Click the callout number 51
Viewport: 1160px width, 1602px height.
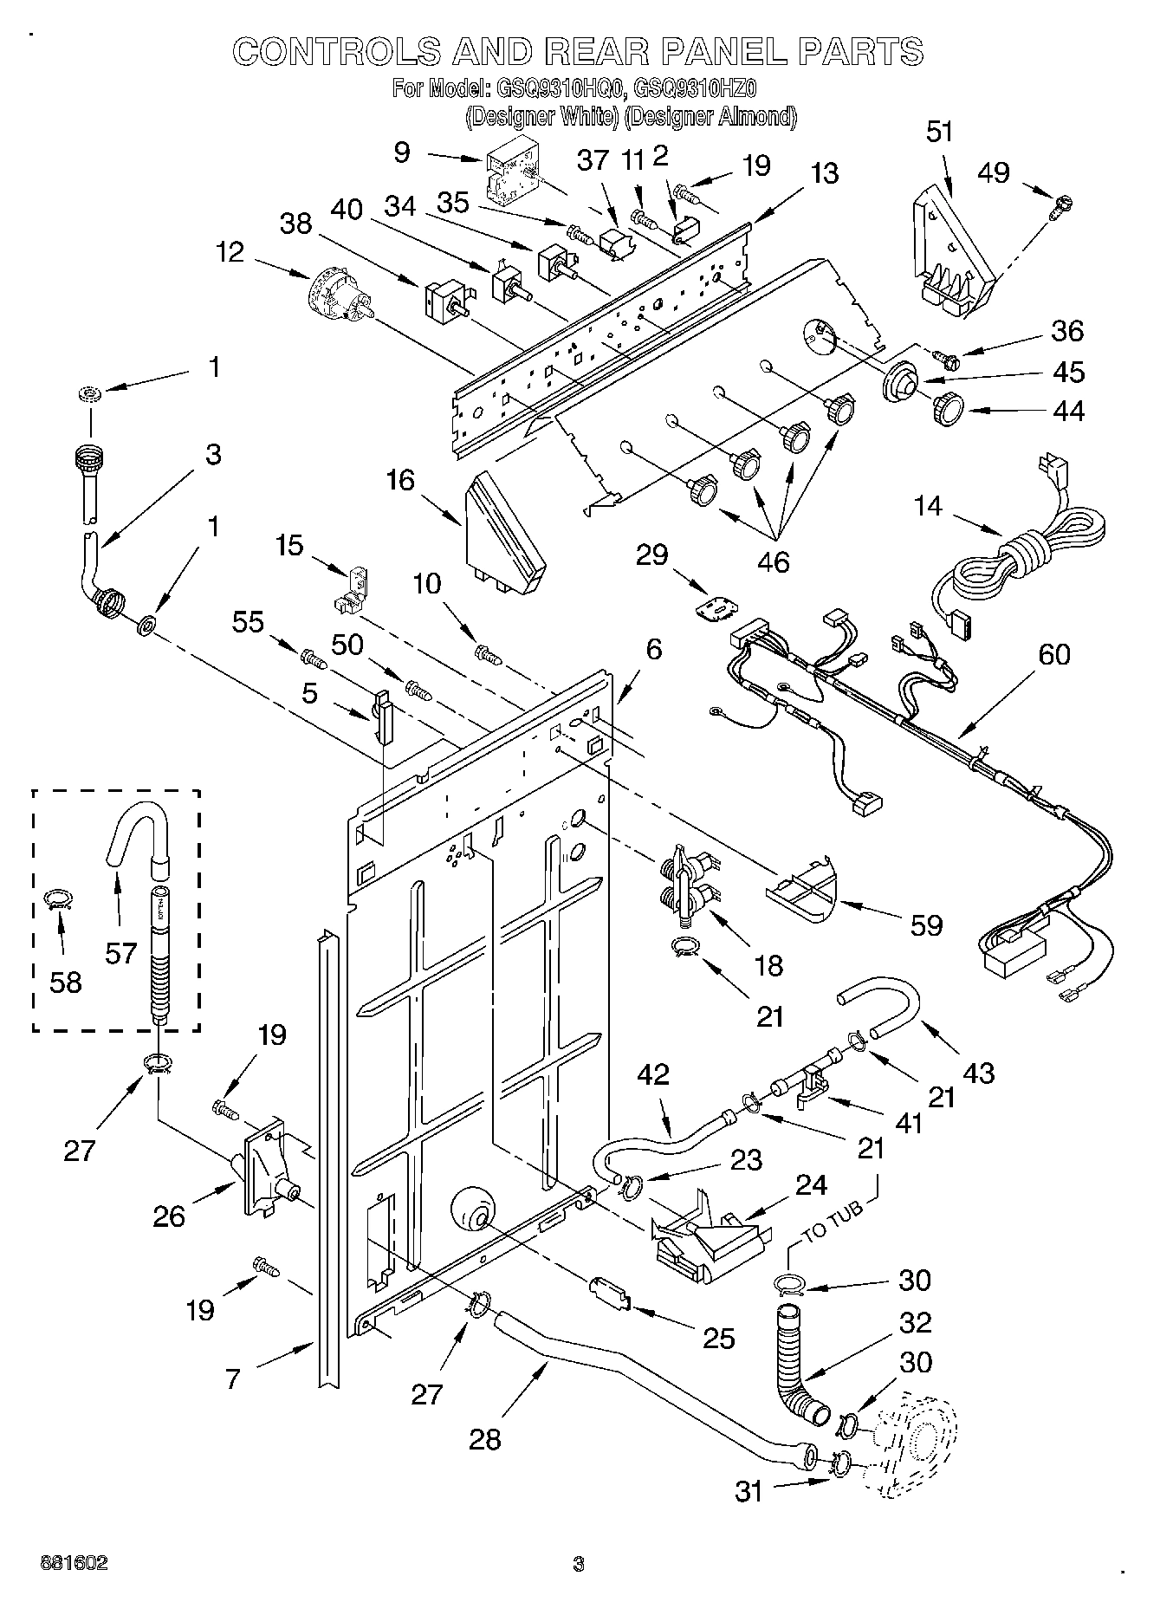(939, 132)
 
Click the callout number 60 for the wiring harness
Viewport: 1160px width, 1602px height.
(1053, 655)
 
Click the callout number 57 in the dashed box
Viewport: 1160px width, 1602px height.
(120, 953)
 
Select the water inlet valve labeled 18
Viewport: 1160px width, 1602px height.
(689, 885)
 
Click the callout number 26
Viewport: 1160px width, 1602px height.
(169, 1216)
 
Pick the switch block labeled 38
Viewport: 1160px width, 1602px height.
(442, 299)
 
